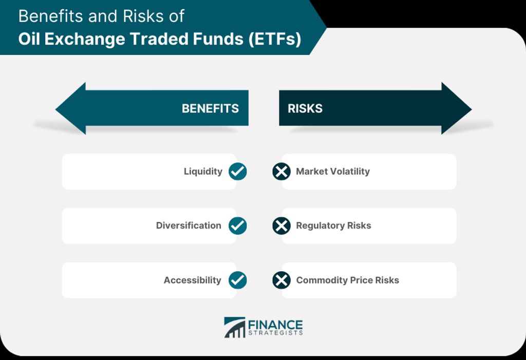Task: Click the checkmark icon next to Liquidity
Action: pos(237,172)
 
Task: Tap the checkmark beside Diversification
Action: pos(237,225)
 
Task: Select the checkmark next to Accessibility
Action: pos(237,280)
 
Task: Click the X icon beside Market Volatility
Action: pos(281,172)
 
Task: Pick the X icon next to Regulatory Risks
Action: pos(281,225)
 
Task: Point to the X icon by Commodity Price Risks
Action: pos(281,280)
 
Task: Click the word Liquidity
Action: pos(203,172)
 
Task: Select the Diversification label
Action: pos(189,225)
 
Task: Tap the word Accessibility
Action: pos(193,280)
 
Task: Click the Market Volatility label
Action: pos(333,172)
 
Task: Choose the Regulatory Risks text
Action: pos(333,225)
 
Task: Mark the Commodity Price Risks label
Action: pos(348,280)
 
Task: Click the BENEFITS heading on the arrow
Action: pos(210,108)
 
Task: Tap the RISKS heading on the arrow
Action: pos(305,108)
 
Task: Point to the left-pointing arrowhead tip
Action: pos(55,109)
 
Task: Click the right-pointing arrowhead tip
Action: pos(472,109)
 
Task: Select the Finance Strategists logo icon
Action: pos(234,327)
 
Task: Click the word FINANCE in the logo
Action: pos(275,325)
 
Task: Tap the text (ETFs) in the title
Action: pos(275,39)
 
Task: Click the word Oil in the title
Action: pos(29,39)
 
